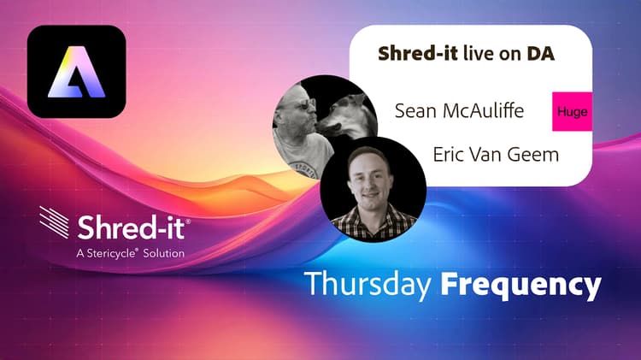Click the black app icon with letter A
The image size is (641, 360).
click(76, 72)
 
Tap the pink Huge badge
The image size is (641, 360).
click(572, 111)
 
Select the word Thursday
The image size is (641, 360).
click(368, 284)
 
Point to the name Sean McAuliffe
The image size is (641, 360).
click(459, 110)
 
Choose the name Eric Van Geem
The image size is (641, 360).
click(496, 154)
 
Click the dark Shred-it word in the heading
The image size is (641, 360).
click(418, 54)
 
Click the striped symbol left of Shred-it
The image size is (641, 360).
click(54, 221)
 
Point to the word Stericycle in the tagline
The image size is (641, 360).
click(112, 254)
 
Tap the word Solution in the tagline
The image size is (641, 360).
click(163, 253)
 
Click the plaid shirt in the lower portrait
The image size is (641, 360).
click(373, 222)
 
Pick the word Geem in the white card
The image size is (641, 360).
click(537, 155)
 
